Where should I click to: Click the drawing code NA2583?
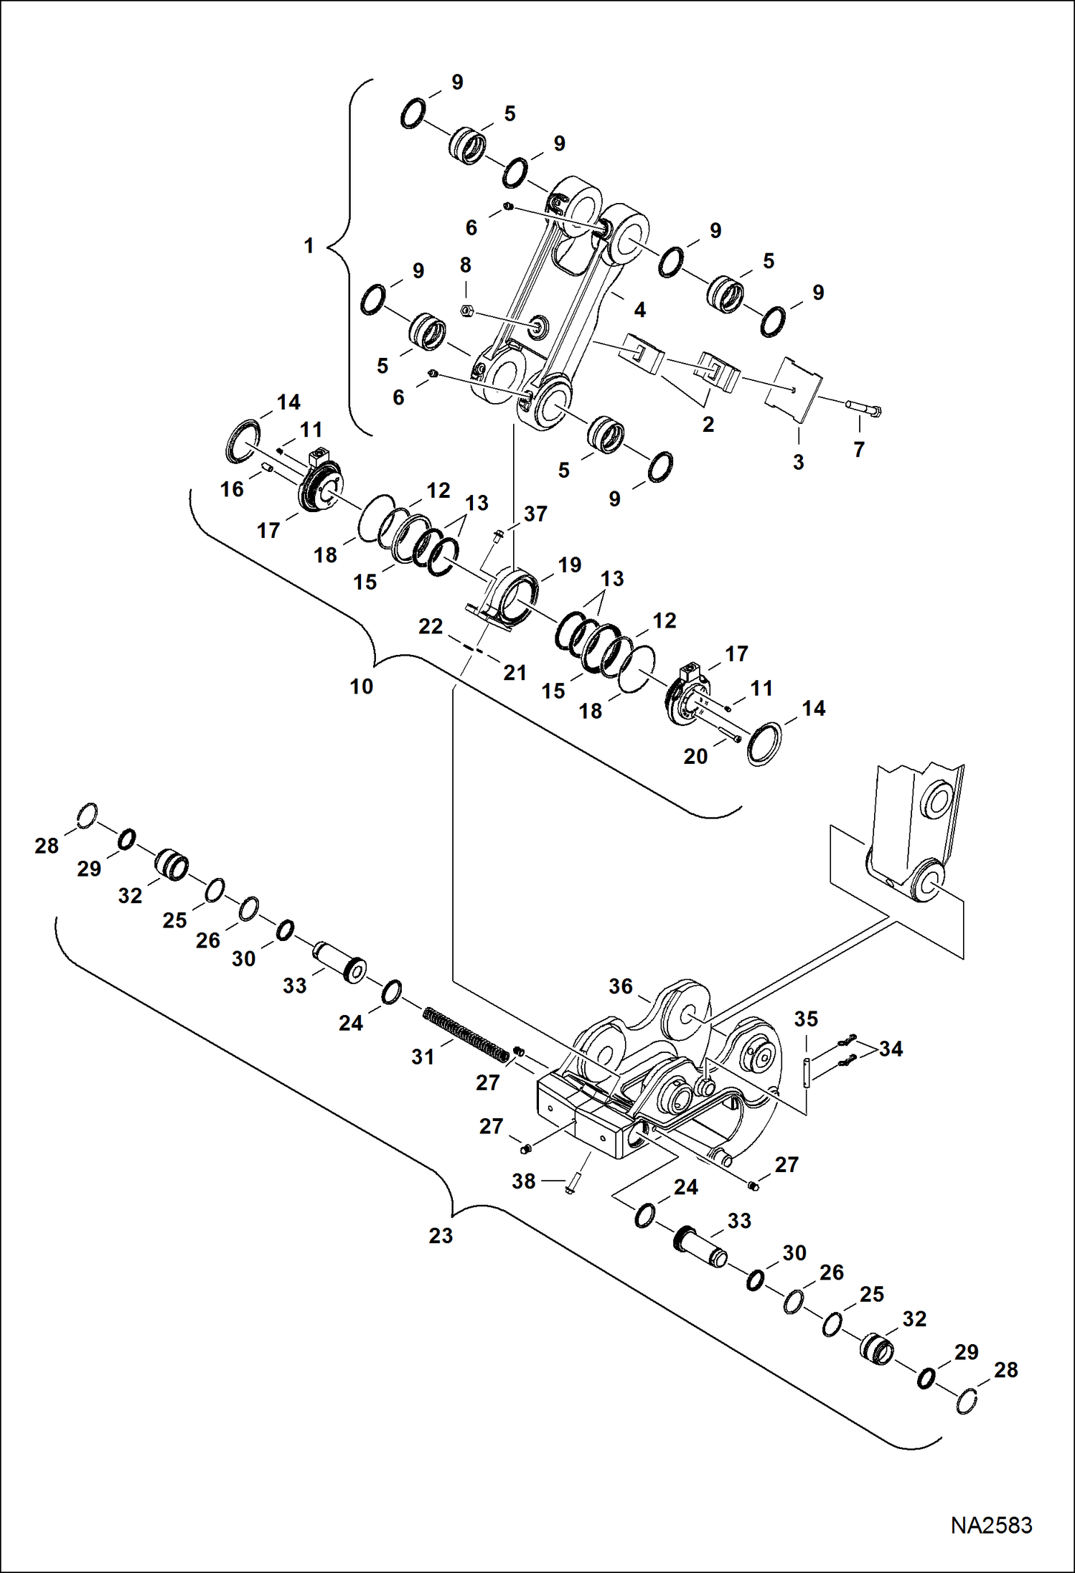pyautogui.click(x=991, y=1525)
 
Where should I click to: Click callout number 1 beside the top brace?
pyautogui.click(x=309, y=246)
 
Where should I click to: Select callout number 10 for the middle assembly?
pyautogui.click(x=362, y=686)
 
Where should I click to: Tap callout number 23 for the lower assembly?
pyautogui.click(x=441, y=1235)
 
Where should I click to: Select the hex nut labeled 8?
pyautogui.click(x=466, y=311)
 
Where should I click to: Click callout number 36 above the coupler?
pyautogui.click(x=621, y=986)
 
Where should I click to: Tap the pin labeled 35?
pyautogui.click(x=807, y=1072)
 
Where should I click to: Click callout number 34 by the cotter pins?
pyautogui.click(x=891, y=1049)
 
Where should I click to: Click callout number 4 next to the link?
pyautogui.click(x=639, y=310)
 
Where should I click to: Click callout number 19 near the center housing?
pyautogui.click(x=569, y=565)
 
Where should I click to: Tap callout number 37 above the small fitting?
pyautogui.click(x=535, y=514)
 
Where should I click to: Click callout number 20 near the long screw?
pyautogui.click(x=695, y=756)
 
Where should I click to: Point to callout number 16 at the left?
pyautogui.click(x=232, y=489)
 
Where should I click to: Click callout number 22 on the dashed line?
pyautogui.click(x=431, y=626)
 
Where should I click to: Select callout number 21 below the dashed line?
pyautogui.click(x=515, y=673)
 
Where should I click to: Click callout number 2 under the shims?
pyautogui.click(x=708, y=425)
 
